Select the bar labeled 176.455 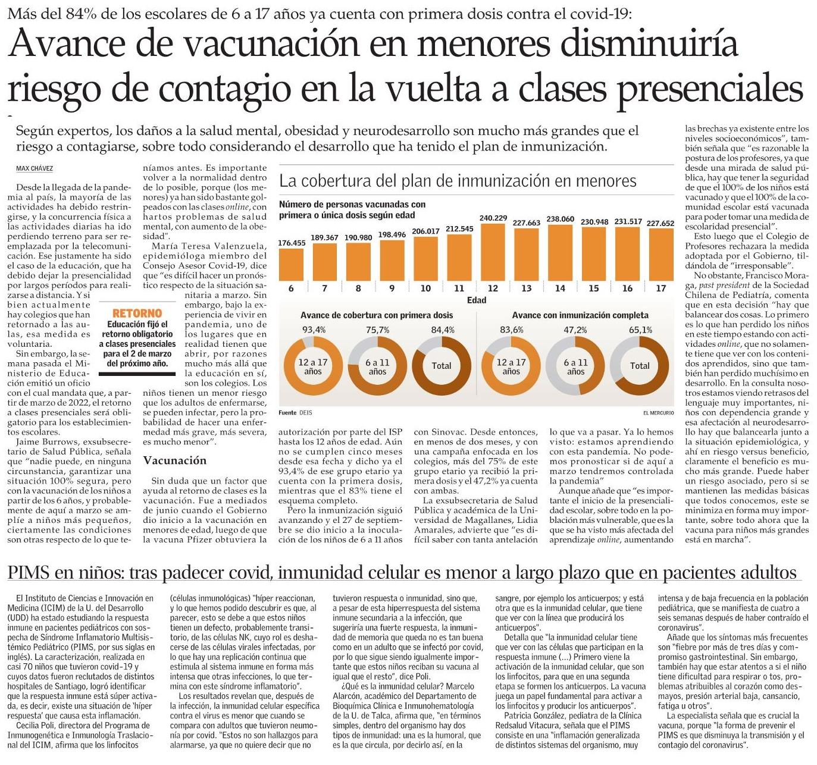click(x=291, y=264)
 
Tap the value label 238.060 click(x=560, y=219)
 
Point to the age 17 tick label click(x=661, y=289)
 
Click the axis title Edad click(x=476, y=300)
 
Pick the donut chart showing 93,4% click(x=314, y=366)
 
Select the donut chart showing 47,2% click(x=575, y=366)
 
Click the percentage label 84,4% click(x=442, y=330)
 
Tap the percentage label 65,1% click(x=640, y=330)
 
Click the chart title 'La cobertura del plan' click(x=458, y=181)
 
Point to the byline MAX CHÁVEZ click(x=35, y=169)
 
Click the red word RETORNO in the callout click(x=137, y=313)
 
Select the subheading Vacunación click(x=174, y=460)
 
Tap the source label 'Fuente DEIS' click(x=295, y=413)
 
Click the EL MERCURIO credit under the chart click(x=658, y=413)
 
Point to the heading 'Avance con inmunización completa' click(x=580, y=315)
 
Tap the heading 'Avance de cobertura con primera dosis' click(x=377, y=315)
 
